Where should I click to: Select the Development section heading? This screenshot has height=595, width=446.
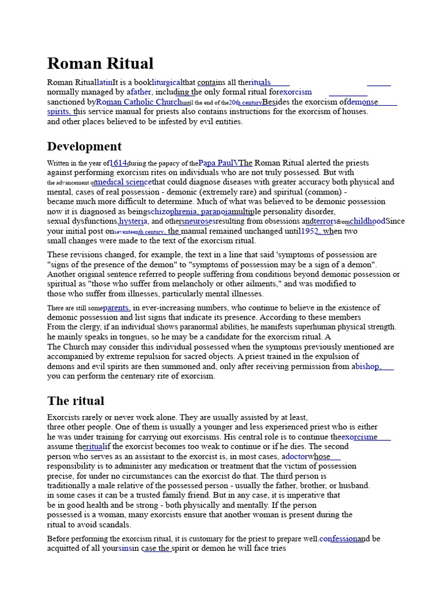[x=84, y=146]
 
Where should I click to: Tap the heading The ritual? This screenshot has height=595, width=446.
[x=75, y=400]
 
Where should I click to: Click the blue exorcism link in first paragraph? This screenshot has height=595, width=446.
[x=296, y=92]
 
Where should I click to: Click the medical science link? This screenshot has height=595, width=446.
[x=123, y=182]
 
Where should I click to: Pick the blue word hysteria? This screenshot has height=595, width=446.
[x=133, y=221]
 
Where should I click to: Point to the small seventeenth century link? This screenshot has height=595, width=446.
[x=139, y=231]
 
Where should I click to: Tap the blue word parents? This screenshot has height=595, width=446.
[x=116, y=307]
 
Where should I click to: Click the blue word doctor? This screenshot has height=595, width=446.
[x=295, y=456]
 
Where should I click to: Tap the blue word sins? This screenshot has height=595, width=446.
[x=125, y=548]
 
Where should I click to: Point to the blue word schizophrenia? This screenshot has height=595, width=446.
[x=172, y=212]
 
